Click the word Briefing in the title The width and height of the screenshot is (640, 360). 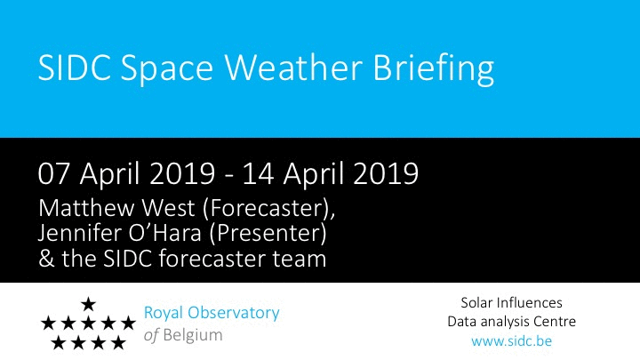(x=434, y=68)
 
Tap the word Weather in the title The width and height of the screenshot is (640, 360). (x=293, y=67)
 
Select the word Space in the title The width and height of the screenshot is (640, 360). (x=166, y=68)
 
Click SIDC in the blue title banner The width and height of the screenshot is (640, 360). (x=74, y=67)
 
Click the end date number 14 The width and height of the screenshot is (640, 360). (x=258, y=174)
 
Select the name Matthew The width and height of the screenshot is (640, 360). (x=86, y=208)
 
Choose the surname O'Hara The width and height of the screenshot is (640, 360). (x=165, y=233)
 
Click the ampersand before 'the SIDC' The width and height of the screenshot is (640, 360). (x=46, y=259)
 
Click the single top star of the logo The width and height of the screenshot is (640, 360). (x=88, y=304)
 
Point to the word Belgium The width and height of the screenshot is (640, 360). (x=193, y=335)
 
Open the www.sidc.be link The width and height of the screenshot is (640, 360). (x=511, y=340)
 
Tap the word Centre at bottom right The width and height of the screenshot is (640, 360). (x=556, y=322)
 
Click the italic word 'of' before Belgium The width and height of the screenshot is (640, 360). (x=151, y=335)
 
